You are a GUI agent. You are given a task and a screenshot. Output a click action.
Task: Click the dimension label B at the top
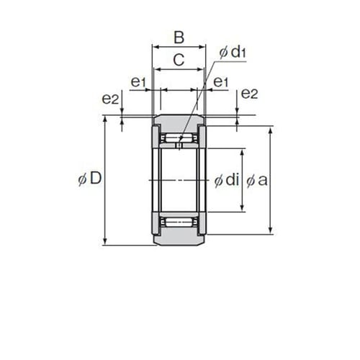[179, 37]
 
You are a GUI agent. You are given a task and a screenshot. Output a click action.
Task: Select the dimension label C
[179, 60]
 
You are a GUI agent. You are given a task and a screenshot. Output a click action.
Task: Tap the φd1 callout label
[233, 52]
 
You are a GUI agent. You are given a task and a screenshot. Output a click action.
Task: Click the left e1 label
[138, 82]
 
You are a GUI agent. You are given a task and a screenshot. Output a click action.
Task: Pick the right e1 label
[221, 82]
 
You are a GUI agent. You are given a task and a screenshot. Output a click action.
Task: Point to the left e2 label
[110, 99]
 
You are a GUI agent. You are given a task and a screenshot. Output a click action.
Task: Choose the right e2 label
[249, 94]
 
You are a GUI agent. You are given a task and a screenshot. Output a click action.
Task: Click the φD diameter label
[90, 179]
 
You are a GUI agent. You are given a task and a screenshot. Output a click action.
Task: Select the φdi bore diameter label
[227, 180]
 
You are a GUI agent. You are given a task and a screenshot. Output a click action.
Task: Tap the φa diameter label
[257, 181]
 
